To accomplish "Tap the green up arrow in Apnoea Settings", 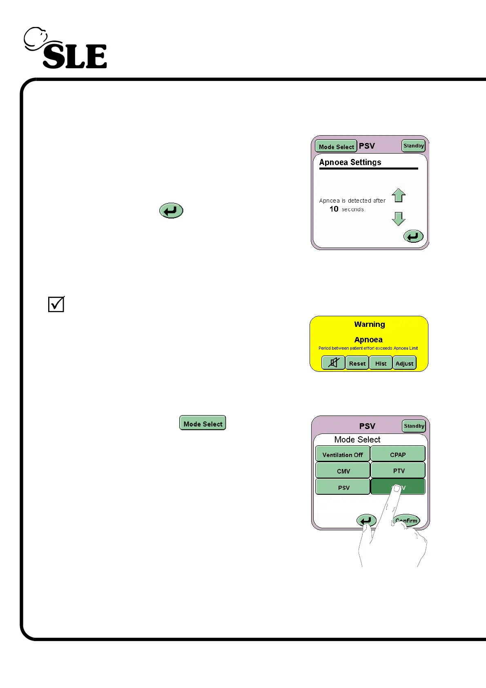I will (x=399, y=195).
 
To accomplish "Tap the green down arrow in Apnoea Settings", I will (x=399, y=219).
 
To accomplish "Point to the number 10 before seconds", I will (x=334, y=209).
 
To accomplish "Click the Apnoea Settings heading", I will (x=350, y=162).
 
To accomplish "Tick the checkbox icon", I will (x=56, y=304).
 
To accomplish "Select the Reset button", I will (x=357, y=363).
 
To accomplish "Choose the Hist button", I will (x=381, y=363).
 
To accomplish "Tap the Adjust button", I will (x=404, y=363).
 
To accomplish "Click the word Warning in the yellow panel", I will (x=369, y=324).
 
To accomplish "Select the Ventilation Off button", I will (x=343, y=454).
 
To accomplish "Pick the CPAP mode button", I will (x=398, y=454).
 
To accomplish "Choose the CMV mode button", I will (x=343, y=471).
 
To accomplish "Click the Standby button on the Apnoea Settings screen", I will (x=413, y=146).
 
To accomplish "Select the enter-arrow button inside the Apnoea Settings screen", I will (x=413, y=236).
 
